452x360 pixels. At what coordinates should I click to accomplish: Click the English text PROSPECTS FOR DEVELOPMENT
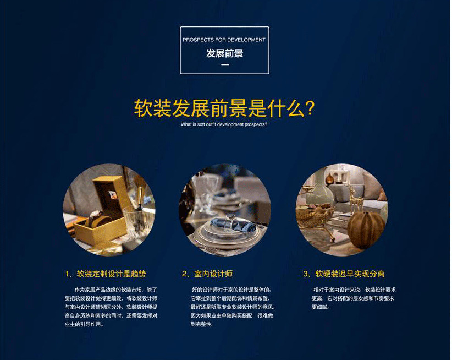coord(224,40)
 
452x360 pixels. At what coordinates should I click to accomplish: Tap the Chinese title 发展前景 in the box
coord(224,53)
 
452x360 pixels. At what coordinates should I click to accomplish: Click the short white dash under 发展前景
coord(224,65)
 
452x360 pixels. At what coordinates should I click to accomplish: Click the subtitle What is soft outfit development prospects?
coord(224,124)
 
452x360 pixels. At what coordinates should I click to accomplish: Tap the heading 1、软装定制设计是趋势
coord(105,274)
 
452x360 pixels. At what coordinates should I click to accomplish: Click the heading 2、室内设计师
coord(211,274)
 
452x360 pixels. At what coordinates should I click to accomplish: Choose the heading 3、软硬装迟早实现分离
coord(344,274)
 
